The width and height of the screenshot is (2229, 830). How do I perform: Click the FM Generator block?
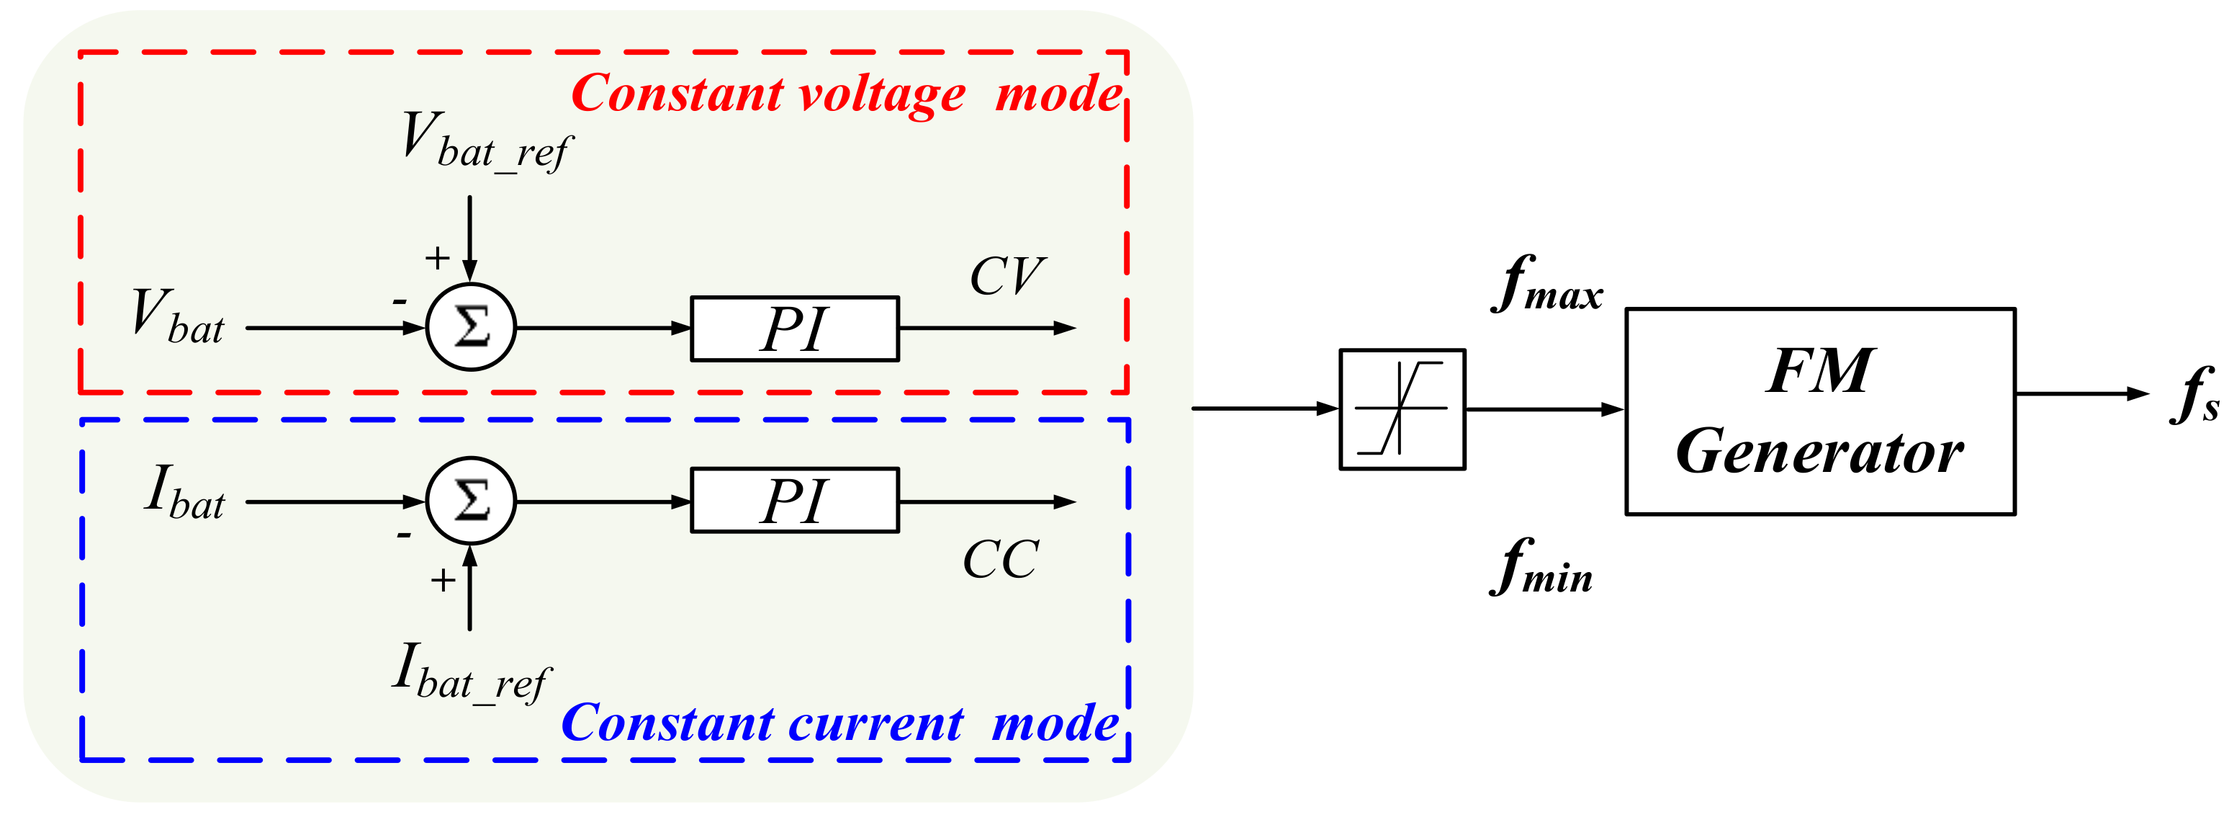[x=1820, y=411]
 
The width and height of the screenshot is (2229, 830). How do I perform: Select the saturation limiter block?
[x=1402, y=409]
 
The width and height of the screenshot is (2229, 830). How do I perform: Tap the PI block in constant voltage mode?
[x=794, y=329]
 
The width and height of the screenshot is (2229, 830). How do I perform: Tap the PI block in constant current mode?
[x=794, y=500]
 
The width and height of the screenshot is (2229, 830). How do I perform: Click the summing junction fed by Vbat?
[x=471, y=327]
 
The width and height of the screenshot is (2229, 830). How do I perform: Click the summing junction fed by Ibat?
[x=471, y=500]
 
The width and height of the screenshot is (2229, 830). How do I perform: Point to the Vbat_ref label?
[x=486, y=143]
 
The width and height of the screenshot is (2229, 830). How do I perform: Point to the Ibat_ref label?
[x=471, y=674]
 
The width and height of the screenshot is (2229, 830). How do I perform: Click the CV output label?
[x=1007, y=277]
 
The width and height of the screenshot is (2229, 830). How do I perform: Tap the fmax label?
[x=1547, y=285]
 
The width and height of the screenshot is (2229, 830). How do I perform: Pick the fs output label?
[x=2194, y=396]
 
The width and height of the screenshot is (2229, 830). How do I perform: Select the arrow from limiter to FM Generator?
[x=1544, y=409]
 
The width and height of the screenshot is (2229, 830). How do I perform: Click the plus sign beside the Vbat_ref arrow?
[x=437, y=258]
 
